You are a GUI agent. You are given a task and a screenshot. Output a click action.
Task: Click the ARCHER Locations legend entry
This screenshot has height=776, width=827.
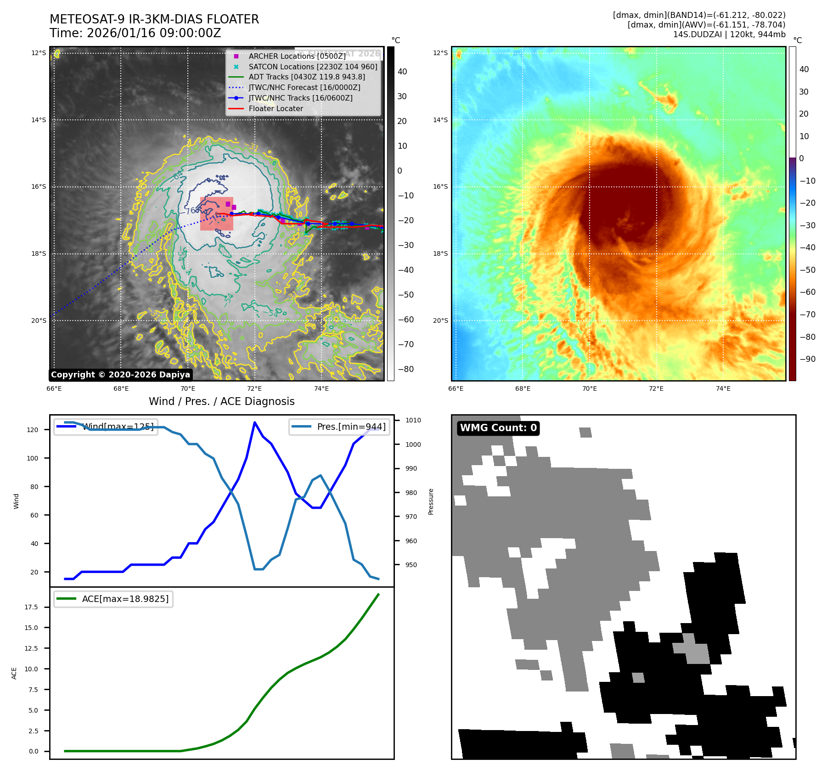tap(297, 56)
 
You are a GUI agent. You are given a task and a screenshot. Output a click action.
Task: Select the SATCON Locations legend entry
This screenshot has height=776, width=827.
tap(312, 67)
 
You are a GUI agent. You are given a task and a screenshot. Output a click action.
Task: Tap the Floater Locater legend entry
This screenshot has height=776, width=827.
tap(276, 109)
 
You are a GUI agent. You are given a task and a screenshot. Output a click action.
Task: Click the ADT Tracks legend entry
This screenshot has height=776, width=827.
tap(306, 77)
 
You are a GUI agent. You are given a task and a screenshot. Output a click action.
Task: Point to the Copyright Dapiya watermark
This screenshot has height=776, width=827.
tap(120, 375)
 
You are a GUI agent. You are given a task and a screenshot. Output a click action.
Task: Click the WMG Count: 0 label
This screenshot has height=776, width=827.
tap(498, 428)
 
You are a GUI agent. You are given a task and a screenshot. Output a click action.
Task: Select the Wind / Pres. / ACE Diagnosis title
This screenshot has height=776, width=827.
tap(221, 401)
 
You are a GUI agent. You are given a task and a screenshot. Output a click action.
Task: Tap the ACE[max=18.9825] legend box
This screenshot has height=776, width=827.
tap(113, 599)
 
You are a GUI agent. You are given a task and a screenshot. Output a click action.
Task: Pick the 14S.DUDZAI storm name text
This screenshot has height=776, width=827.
tap(698, 34)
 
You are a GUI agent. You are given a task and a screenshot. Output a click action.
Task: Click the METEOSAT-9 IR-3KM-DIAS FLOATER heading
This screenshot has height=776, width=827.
tap(154, 19)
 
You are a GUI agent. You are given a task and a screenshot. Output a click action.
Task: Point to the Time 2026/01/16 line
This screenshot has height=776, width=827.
tap(135, 33)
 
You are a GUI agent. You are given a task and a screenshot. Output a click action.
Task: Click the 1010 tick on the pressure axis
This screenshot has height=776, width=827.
tap(413, 420)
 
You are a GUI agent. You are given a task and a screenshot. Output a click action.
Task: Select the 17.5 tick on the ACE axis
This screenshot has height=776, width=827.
tap(31, 607)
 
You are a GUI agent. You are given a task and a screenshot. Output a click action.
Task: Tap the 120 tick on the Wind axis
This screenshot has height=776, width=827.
tap(33, 430)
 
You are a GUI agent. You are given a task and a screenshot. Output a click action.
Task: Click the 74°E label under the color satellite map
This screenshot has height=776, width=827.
tap(723, 388)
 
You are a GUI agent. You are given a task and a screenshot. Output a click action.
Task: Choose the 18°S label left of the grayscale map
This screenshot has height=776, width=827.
tap(39, 253)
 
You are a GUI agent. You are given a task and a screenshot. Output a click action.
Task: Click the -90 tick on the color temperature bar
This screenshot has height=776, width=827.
tap(807, 359)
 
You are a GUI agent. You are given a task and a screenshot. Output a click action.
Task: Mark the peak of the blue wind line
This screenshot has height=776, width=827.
tap(254, 422)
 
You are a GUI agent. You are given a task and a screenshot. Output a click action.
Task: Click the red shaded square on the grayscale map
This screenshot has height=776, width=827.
tap(216, 214)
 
